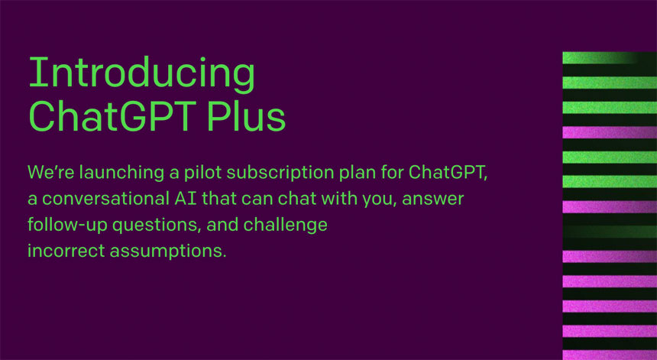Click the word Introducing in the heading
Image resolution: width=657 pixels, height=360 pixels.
point(141,73)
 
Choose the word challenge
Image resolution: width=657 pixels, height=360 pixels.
point(283,225)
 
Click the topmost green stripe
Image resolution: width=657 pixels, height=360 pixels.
point(600,57)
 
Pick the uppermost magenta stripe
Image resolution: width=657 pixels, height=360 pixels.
point(609,131)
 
